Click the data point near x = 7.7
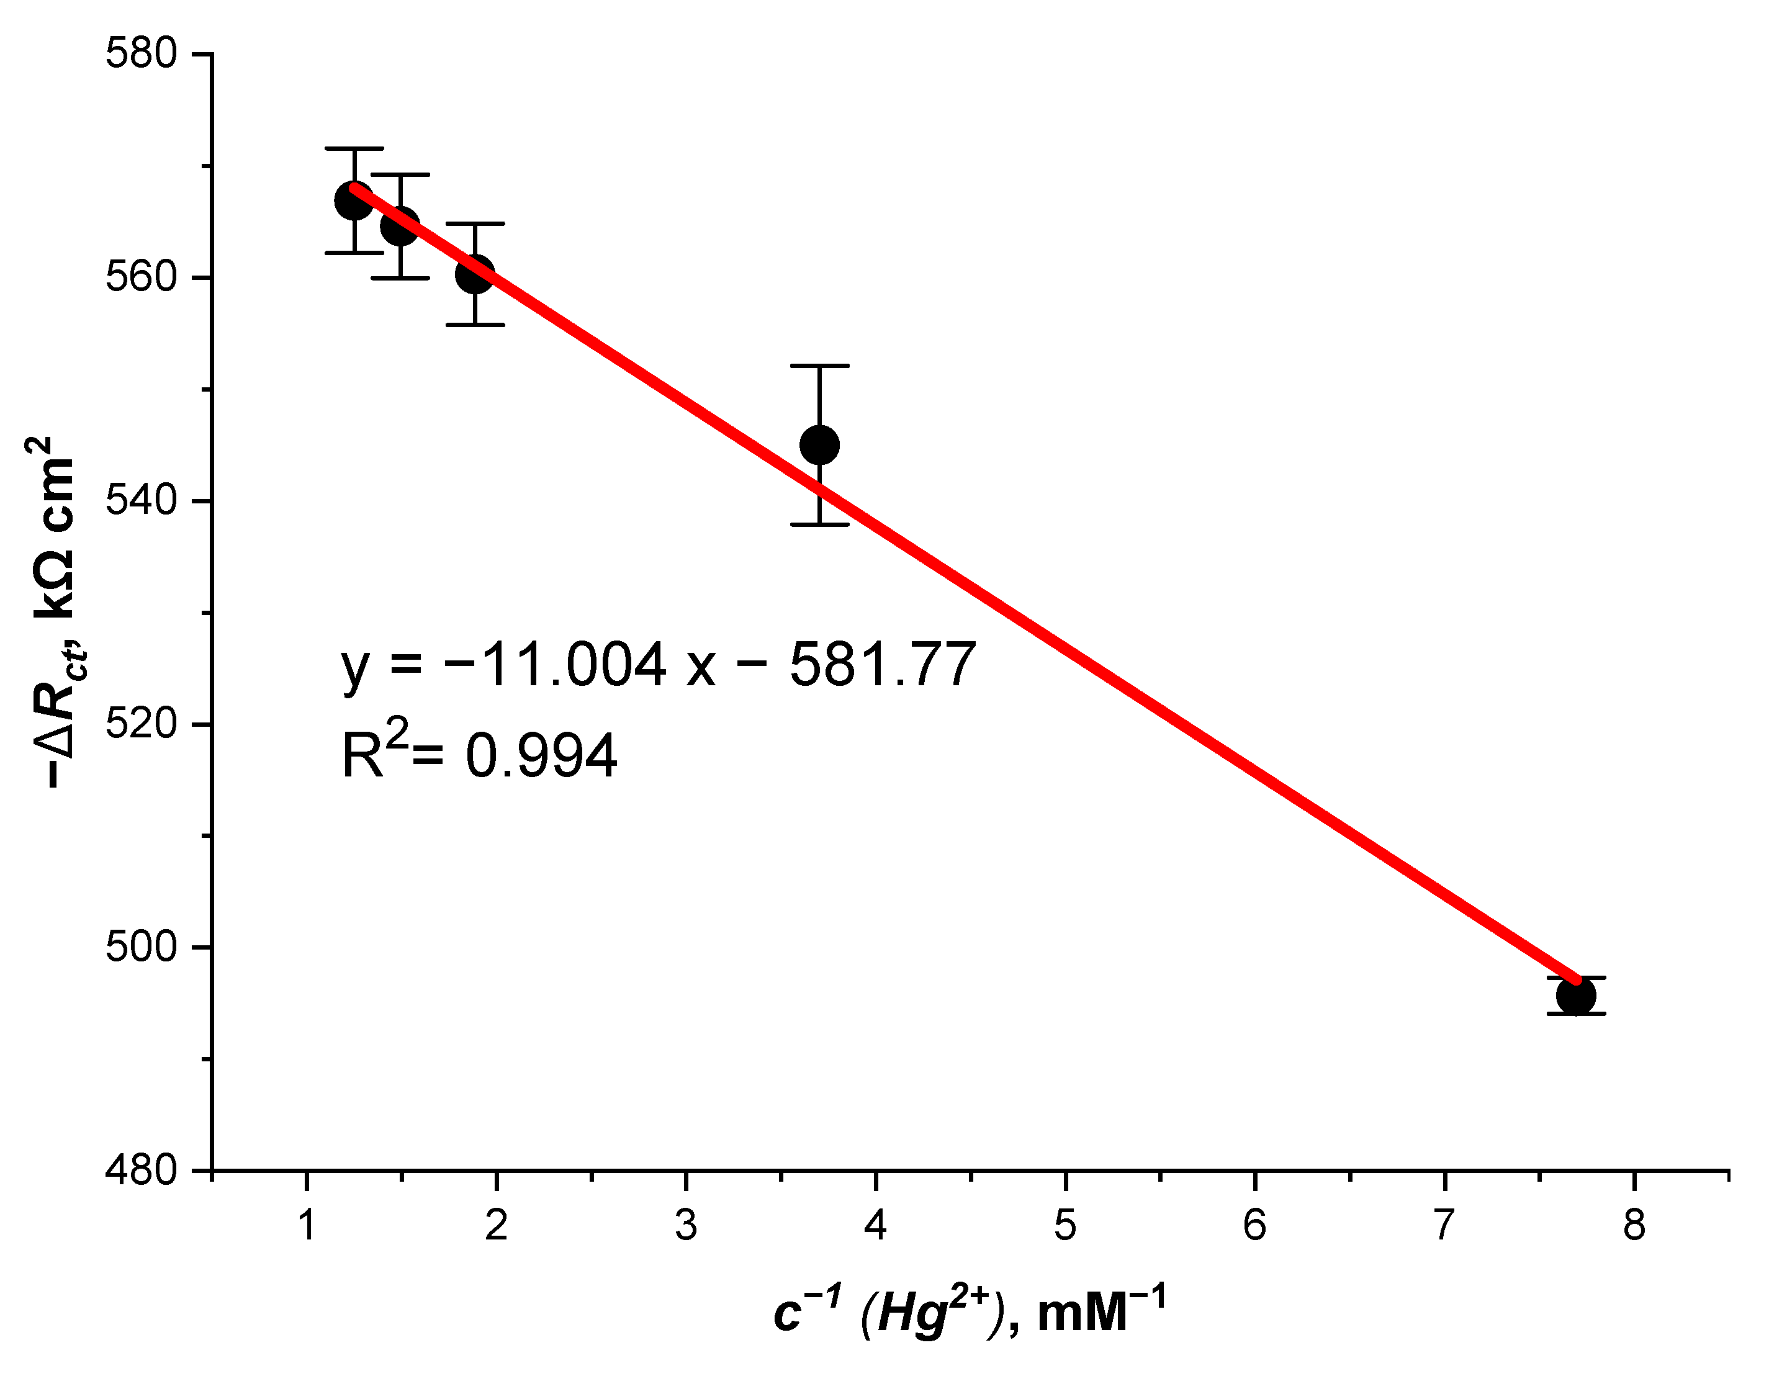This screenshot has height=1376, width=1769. click(x=1575, y=996)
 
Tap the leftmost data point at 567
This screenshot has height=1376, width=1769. click(x=354, y=201)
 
